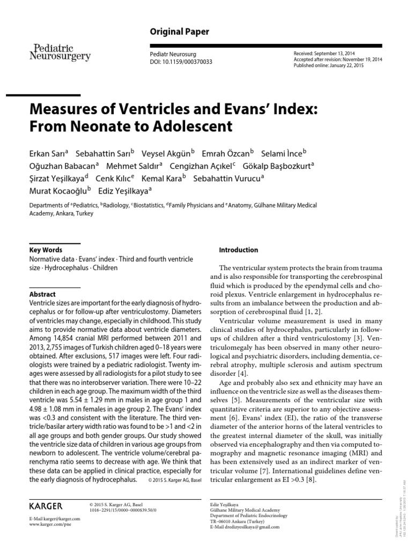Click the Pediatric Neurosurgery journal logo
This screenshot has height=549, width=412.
[59, 51]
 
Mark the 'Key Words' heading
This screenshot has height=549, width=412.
[45, 250]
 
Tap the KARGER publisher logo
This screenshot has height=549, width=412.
[45, 506]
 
